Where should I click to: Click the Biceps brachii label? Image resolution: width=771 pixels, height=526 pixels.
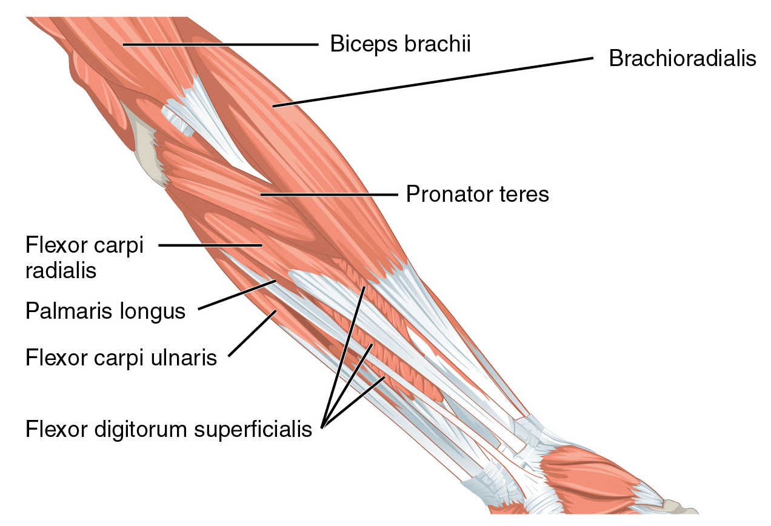[x=400, y=44]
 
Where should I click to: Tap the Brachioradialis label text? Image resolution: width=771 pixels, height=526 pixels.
[x=683, y=59]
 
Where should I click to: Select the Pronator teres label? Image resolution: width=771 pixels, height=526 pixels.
[x=477, y=195]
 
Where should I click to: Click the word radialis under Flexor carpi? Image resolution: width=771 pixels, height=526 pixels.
[x=61, y=270]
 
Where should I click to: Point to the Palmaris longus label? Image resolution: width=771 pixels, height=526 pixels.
[x=105, y=311]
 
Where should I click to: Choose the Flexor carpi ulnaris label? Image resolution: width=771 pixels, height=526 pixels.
[x=121, y=358]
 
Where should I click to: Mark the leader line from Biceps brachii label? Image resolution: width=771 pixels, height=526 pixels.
[x=218, y=44]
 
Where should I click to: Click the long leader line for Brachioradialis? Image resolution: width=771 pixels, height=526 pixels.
[x=430, y=82]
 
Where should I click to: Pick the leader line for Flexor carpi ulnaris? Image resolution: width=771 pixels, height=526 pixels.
[x=252, y=334]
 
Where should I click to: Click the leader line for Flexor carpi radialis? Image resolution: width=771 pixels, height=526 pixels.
[x=209, y=245]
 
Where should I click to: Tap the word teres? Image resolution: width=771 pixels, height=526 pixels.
[x=527, y=195]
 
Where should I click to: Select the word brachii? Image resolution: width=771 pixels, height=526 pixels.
[x=442, y=44]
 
